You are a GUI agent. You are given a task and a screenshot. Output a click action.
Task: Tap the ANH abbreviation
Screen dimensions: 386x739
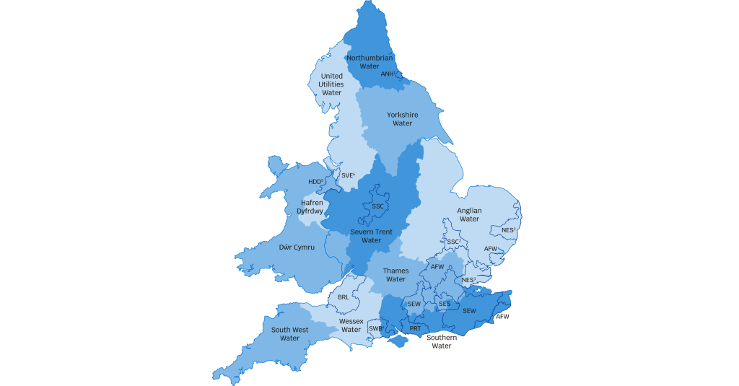pos(388,74)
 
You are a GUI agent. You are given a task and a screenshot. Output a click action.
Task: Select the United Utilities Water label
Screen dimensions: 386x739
pos(332,84)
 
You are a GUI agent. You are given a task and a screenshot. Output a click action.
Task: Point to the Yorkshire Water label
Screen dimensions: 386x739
pos(402,119)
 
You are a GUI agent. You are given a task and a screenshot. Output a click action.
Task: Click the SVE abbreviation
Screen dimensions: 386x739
pos(348,175)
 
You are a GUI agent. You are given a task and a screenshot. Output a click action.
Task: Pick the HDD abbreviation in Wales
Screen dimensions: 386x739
pos(315,182)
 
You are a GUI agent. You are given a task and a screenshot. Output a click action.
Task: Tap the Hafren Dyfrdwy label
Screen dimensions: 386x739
pos(312,207)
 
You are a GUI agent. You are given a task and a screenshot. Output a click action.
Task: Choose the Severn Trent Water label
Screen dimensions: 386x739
pos(371,236)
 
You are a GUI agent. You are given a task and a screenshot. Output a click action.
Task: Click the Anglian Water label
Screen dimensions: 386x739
pos(469,214)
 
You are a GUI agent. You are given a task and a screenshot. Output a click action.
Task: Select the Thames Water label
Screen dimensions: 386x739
pos(395,275)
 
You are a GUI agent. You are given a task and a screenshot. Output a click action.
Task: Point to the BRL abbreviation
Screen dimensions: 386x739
pos(344,297)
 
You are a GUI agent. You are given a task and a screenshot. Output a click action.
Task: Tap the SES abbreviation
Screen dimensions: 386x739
pos(445,304)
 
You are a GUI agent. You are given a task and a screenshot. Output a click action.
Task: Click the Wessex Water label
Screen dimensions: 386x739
pos(351,325)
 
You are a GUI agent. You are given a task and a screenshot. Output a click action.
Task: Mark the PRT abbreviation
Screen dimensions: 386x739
pos(415,328)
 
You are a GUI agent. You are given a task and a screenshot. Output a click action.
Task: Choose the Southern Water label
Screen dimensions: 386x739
pos(441,341)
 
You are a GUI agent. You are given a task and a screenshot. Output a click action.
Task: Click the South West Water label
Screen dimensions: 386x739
pos(289,334)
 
